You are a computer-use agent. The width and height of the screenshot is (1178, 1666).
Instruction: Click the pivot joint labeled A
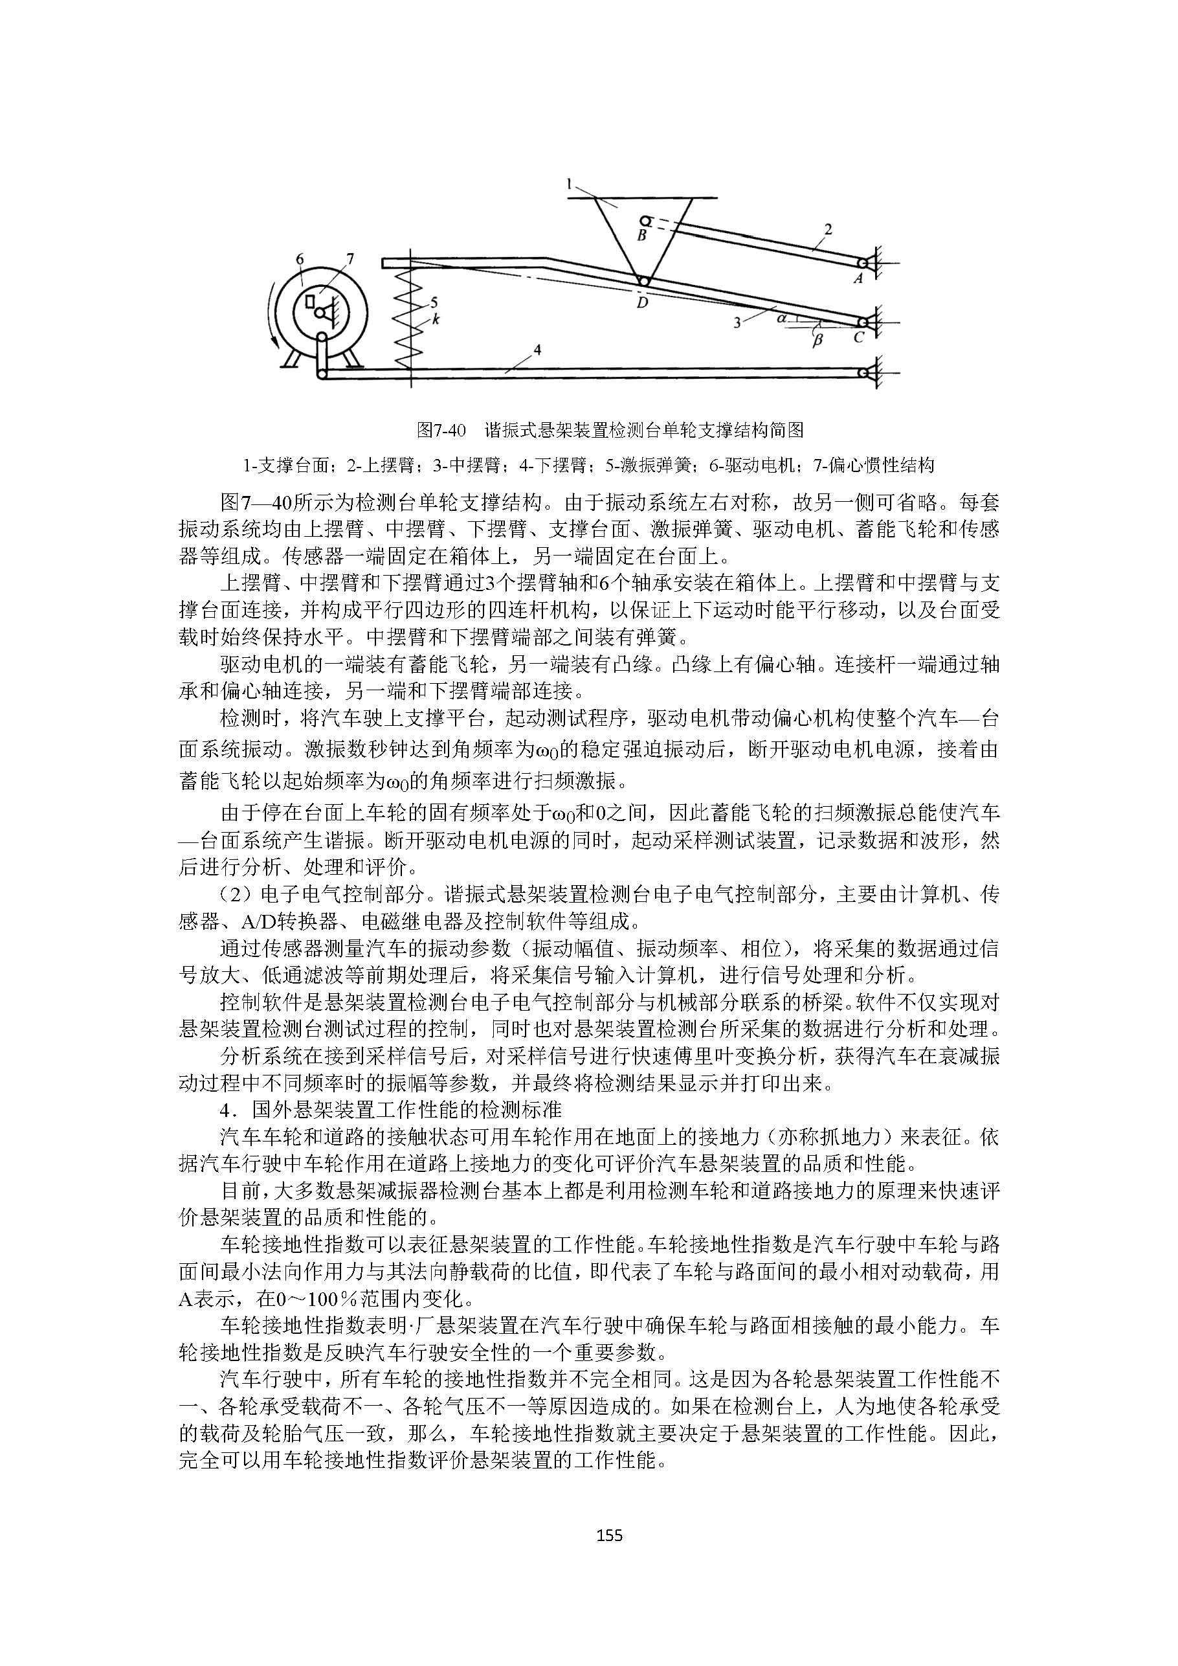pyautogui.click(x=861, y=263)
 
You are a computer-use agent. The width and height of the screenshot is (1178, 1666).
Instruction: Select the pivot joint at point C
pyautogui.click(x=862, y=321)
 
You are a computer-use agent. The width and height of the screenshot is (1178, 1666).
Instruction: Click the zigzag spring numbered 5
pyautogui.click(x=408, y=320)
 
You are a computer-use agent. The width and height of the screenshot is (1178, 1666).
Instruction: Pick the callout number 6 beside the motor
pyautogui.click(x=300, y=259)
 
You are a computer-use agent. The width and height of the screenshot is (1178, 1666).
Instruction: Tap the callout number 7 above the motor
pyautogui.click(x=350, y=258)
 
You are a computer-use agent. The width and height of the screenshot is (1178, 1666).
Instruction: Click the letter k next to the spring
pyautogui.click(x=436, y=318)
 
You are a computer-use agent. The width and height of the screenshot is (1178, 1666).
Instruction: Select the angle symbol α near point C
pyautogui.click(x=781, y=317)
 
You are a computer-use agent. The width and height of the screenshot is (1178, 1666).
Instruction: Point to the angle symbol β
pyautogui.click(x=817, y=339)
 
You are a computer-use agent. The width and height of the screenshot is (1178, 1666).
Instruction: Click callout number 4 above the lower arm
pyautogui.click(x=537, y=350)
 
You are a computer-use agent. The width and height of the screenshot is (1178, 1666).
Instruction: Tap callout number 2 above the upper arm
pyautogui.click(x=828, y=230)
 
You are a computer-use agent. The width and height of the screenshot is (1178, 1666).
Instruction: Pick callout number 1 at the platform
pyautogui.click(x=570, y=185)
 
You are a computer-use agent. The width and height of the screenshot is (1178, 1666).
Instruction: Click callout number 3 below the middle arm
pyautogui.click(x=737, y=324)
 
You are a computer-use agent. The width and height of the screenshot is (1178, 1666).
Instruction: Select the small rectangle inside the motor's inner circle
pyautogui.click(x=311, y=300)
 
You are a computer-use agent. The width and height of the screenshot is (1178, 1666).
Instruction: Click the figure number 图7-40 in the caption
pyautogui.click(x=441, y=431)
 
